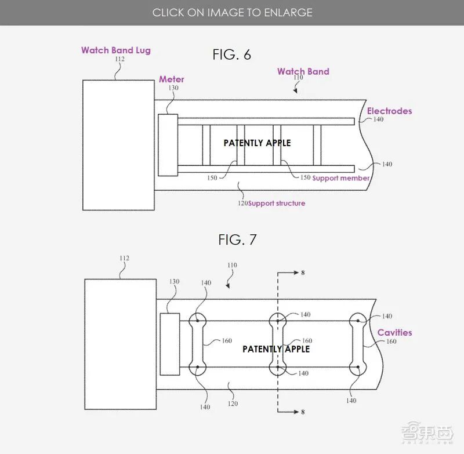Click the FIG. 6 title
231,55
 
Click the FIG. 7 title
237,239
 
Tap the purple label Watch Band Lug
116,50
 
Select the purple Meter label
172,79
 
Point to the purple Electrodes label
389,111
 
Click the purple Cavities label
394,332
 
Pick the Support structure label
277,204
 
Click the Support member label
341,178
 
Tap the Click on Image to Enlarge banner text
232,12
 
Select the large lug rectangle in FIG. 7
120,337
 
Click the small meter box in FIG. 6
167,145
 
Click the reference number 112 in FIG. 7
124,259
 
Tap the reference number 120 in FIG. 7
232,403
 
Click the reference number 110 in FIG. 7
231,265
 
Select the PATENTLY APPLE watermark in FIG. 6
257,143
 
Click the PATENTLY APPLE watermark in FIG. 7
276,349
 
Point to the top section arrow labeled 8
293,272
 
